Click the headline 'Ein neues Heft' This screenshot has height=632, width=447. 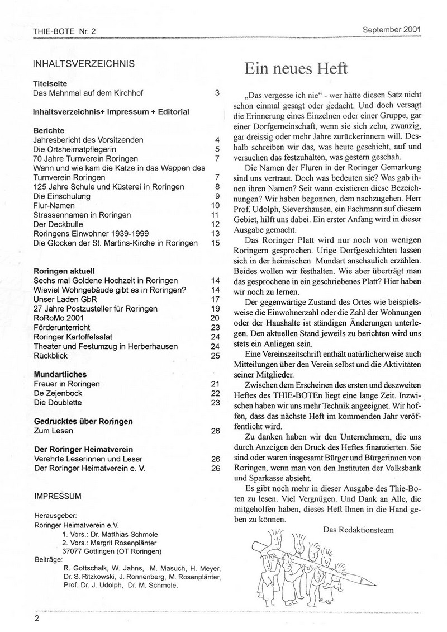pos(296,68)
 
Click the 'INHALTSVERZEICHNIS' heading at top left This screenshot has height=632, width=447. pos(84,63)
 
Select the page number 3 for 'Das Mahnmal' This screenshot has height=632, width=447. pos(217,93)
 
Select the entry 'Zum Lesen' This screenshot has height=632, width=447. pos(54,431)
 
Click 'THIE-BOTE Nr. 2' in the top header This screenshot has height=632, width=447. pos(65,31)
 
